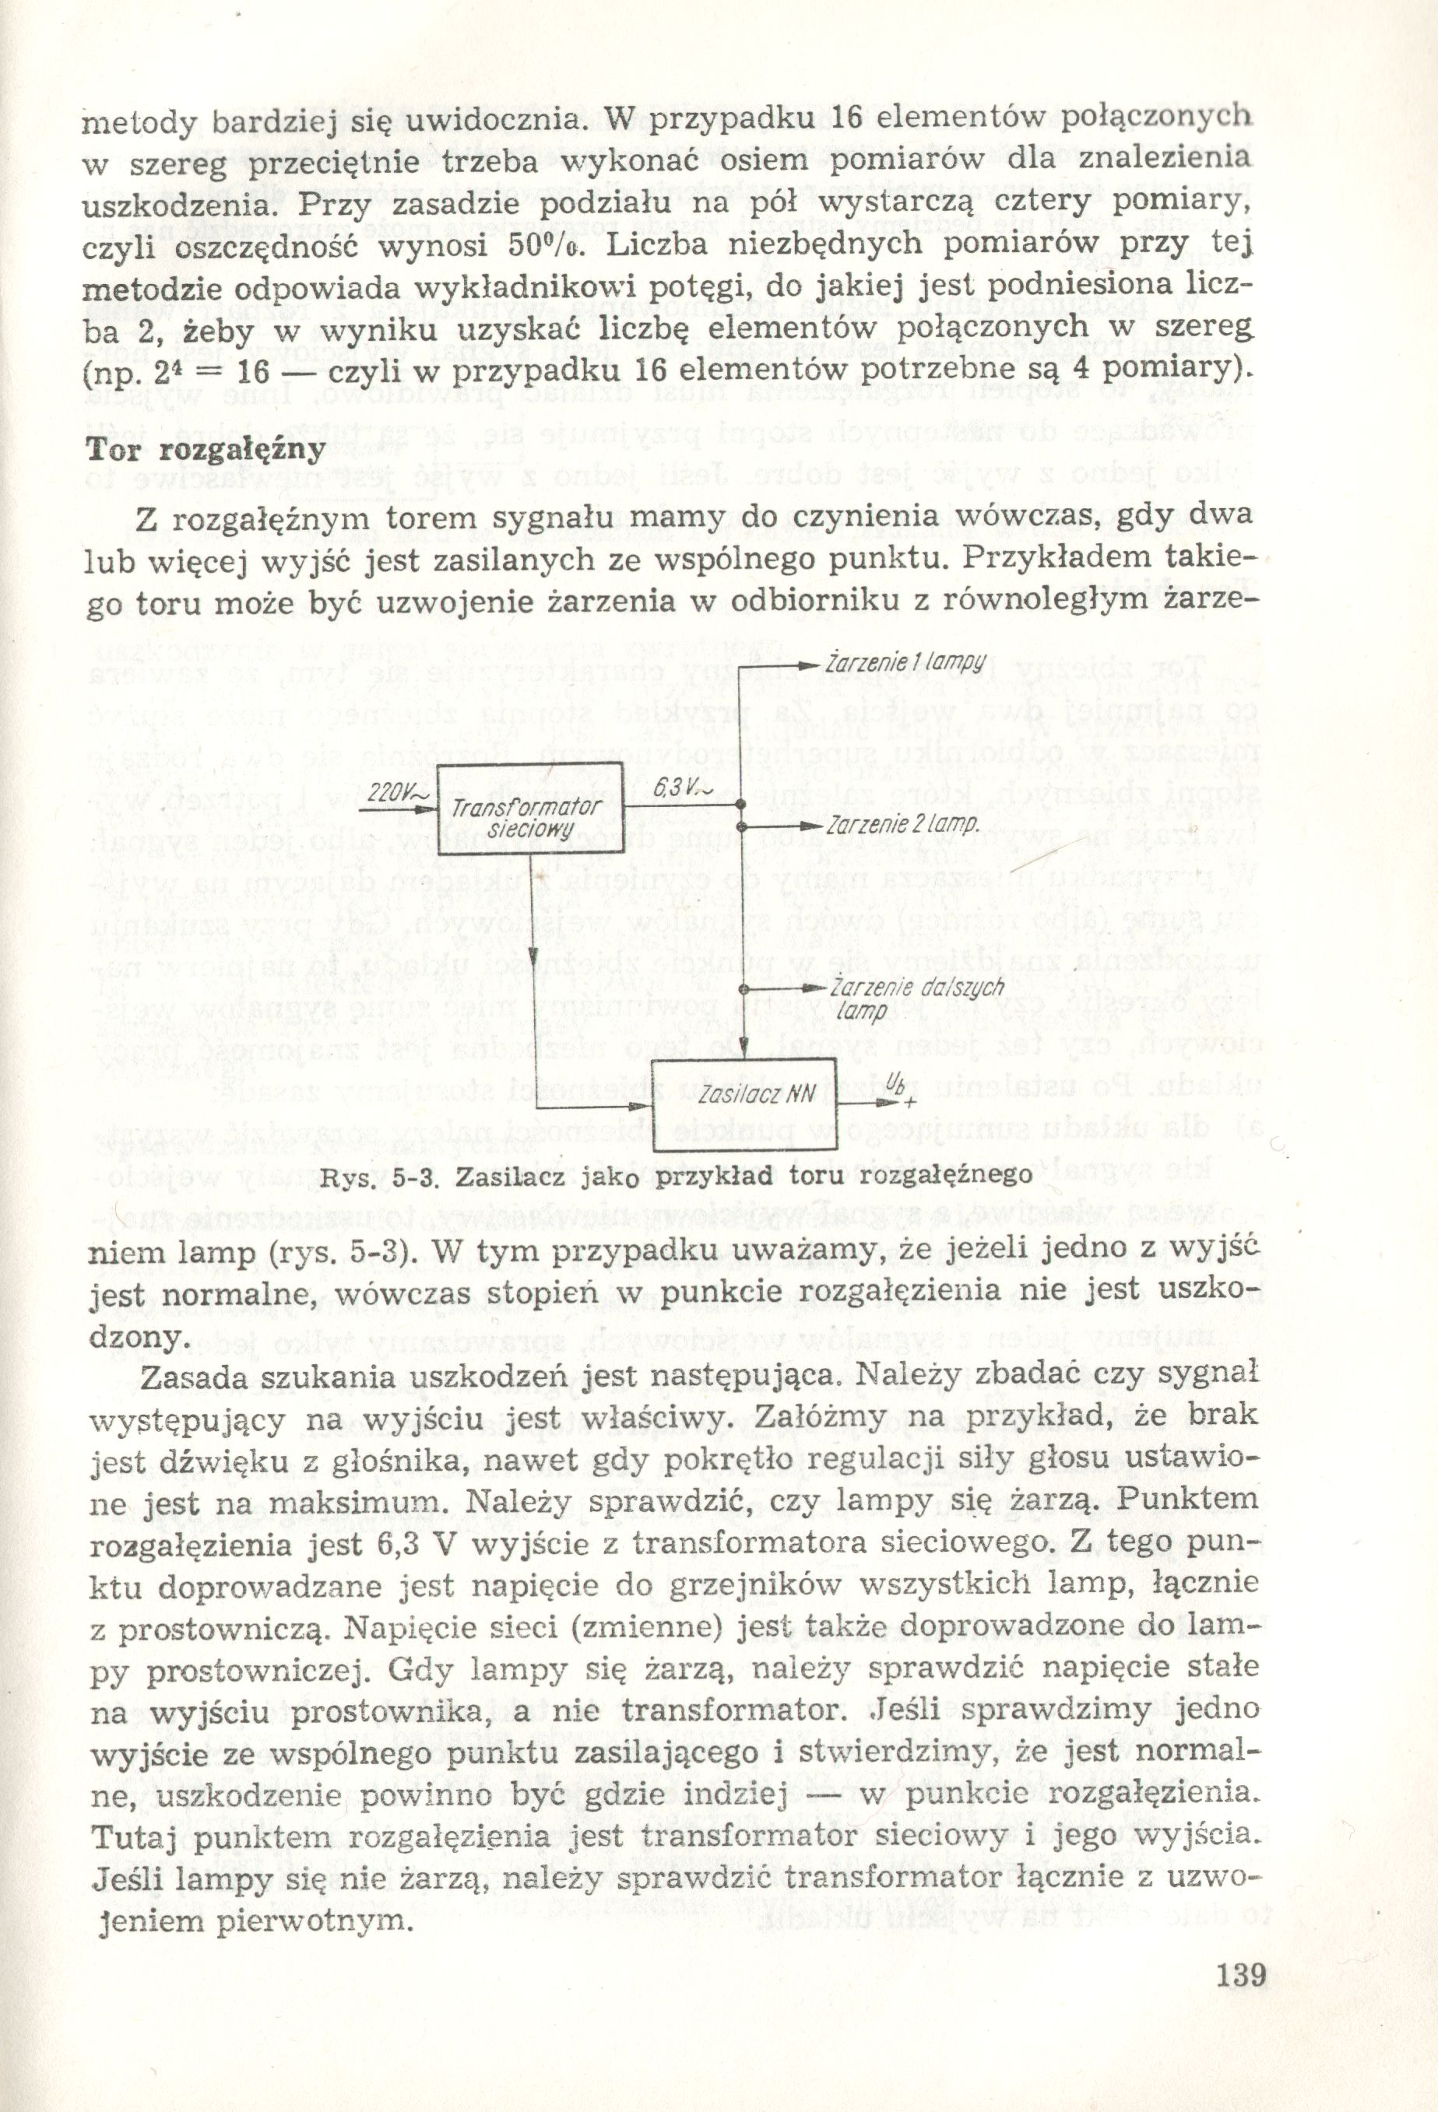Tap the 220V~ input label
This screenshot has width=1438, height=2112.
pyautogui.click(x=392, y=792)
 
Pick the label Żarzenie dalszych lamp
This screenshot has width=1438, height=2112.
pyautogui.click(x=912, y=998)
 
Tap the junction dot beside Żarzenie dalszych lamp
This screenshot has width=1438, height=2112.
pyautogui.click(x=743, y=988)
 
